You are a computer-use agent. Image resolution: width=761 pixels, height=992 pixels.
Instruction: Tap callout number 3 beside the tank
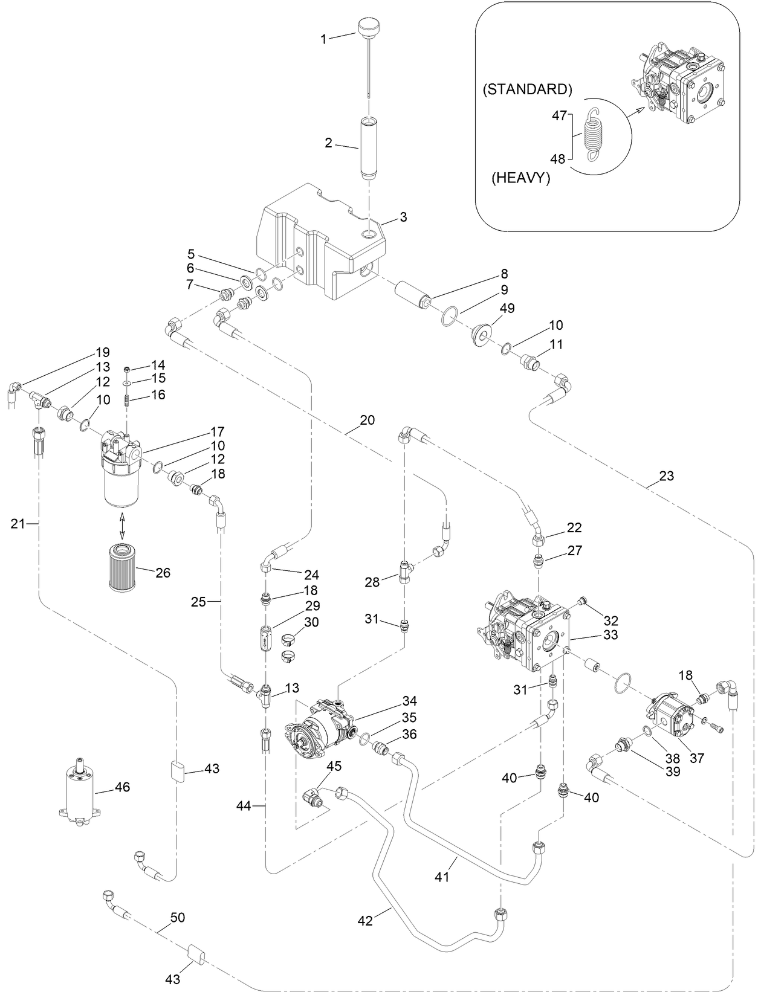pos(403,217)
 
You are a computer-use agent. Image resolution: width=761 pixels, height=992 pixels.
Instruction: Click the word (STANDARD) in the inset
pos(527,89)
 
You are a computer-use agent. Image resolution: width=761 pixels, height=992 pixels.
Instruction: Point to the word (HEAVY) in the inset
pos(520,179)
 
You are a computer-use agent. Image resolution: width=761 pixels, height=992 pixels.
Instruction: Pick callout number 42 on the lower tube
pos(365,920)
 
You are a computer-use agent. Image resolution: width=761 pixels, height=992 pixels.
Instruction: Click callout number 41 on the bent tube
pos(442,876)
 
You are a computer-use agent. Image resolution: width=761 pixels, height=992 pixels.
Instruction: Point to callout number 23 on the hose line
pos(666,475)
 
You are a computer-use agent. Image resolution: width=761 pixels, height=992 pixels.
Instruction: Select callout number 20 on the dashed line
pos(367,420)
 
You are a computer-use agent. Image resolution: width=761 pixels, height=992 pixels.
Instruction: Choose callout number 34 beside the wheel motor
pos(410,701)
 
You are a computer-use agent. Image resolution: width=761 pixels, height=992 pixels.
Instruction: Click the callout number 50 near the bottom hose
pos(177,917)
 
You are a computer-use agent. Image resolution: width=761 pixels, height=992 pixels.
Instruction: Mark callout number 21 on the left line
pos(18,524)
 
